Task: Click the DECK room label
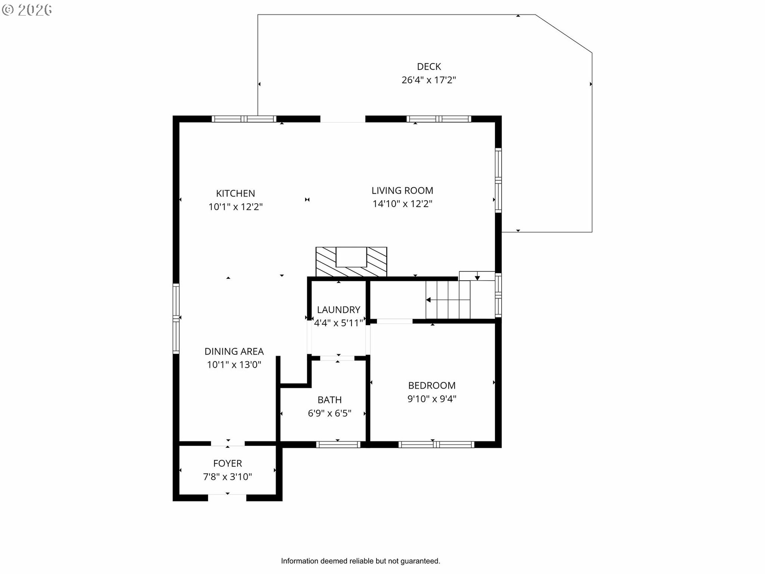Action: pyautogui.click(x=429, y=67)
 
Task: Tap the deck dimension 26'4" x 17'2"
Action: pyautogui.click(x=429, y=80)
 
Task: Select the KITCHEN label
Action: pyautogui.click(x=235, y=193)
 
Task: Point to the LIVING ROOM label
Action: pyautogui.click(x=402, y=191)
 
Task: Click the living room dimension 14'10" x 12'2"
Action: pyautogui.click(x=402, y=204)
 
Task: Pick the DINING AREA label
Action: pyautogui.click(x=234, y=351)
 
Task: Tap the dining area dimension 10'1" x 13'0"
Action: pyautogui.click(x=234, y=364)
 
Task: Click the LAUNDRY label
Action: pyautogui.click(x=339, y=310)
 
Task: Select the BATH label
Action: pyautogui.click(x=330, y=400)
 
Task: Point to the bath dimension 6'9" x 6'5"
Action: pyautogui.click(x=330, y=413)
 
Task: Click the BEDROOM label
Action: pyautogui.click(x=432, y=385)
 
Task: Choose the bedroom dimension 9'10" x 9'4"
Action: pyautogui.click(x=432, y=399)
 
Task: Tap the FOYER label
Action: pyautogui.click(x=228, y=463)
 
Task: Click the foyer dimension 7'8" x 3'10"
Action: pyautogui.click(x=228, y=476)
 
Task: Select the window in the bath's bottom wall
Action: pyautogui.click(x=339, y=444)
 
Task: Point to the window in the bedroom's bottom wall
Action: pyautogui.click(x=436, y=444)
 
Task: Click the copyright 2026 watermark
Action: pyautogui.click(x=27, y=10)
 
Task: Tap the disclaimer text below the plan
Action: pyautogui.click(x=361, y=561)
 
